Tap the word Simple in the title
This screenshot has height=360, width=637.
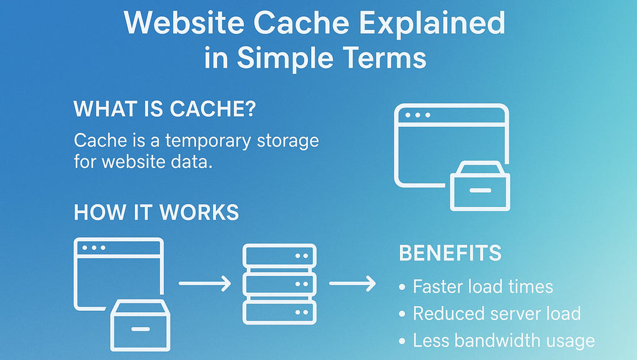284,58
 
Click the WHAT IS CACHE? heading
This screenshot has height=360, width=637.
164,109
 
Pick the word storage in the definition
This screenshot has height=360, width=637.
287,141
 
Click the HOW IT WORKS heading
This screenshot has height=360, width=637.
156,213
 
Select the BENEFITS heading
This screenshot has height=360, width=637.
450,254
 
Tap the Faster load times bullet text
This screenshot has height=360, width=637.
483,287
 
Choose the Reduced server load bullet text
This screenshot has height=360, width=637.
496,313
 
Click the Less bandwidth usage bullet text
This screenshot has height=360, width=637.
503,341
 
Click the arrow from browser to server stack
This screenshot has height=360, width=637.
205,284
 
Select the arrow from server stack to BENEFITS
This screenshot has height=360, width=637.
353,284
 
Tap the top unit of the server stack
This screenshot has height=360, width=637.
279,256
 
